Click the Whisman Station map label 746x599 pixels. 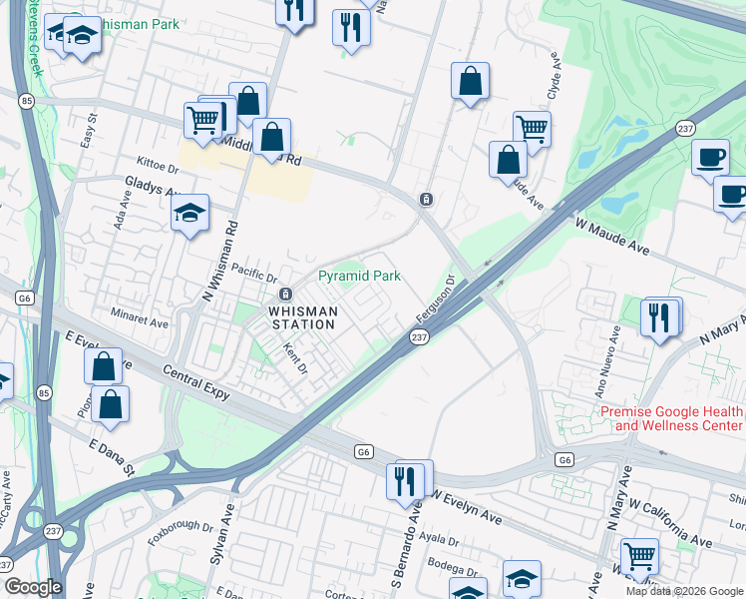(x=302, y=317)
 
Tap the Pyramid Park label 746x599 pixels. (x=359, y=276)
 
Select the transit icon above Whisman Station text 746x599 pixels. (x=285, y=294)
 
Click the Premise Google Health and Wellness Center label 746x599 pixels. (x=671, y=419)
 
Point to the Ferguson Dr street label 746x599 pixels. (x=435, y=302)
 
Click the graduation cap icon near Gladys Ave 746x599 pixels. (x=189, y=214)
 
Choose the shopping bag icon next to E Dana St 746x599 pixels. (x=112, y=405)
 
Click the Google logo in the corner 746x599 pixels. (x=34, y=587)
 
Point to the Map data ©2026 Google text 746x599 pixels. (x=683, y=591)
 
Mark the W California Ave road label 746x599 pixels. (x=670, y=527)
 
